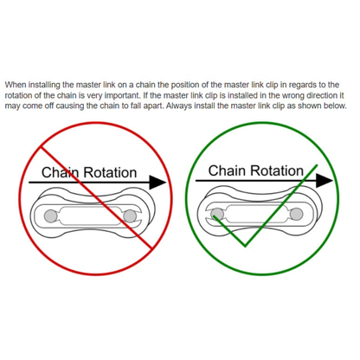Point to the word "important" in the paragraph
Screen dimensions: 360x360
(122, 96)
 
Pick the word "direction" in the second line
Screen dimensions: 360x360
(321, 95)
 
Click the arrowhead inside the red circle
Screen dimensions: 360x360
(158, 183)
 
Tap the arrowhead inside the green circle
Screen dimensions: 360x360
(325, 181)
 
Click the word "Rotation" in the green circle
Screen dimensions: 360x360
(279, 170)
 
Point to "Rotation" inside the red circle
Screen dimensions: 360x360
(110, 172)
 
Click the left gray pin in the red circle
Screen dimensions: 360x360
(51, 216)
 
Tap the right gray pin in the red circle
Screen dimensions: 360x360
(130, 216)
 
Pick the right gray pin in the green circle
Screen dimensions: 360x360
(297, 214)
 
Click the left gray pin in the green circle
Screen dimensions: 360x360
(217, 214)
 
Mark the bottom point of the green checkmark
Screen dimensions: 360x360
(245, 247)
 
